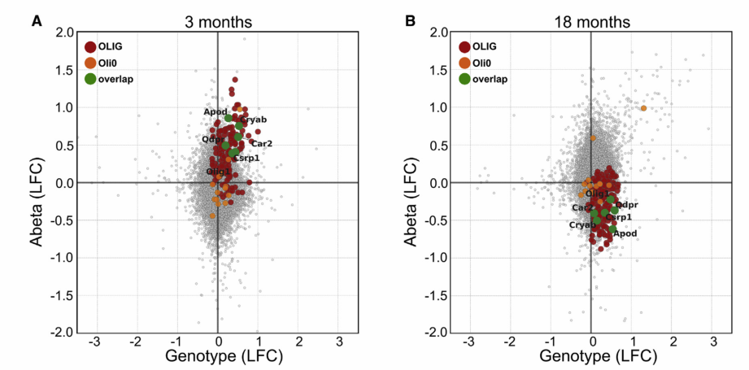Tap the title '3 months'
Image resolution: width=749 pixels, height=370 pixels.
tap(217, 21)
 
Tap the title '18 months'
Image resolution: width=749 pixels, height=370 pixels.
tap(591, 21)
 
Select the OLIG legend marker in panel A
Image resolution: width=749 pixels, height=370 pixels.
tap(90, 46)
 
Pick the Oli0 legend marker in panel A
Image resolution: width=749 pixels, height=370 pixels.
tap(90, 63)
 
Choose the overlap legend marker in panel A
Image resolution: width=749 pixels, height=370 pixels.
tap(90, 79)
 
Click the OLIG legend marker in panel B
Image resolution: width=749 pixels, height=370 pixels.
tap(464, 46)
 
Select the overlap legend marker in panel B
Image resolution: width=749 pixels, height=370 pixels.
tap(464, 79)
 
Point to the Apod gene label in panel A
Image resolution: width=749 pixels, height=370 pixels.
tap(216, 111)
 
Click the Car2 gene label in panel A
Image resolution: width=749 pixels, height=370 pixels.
tap(262, 144)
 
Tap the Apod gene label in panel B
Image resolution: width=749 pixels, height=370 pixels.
tap(625, 234)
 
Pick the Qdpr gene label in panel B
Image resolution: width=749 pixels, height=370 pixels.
tap(627, 205)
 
